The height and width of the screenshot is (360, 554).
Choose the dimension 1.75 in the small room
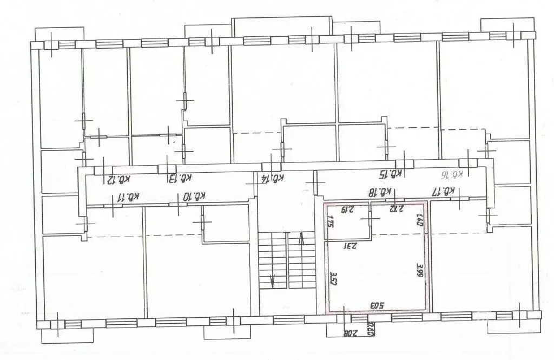coord(329,221)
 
